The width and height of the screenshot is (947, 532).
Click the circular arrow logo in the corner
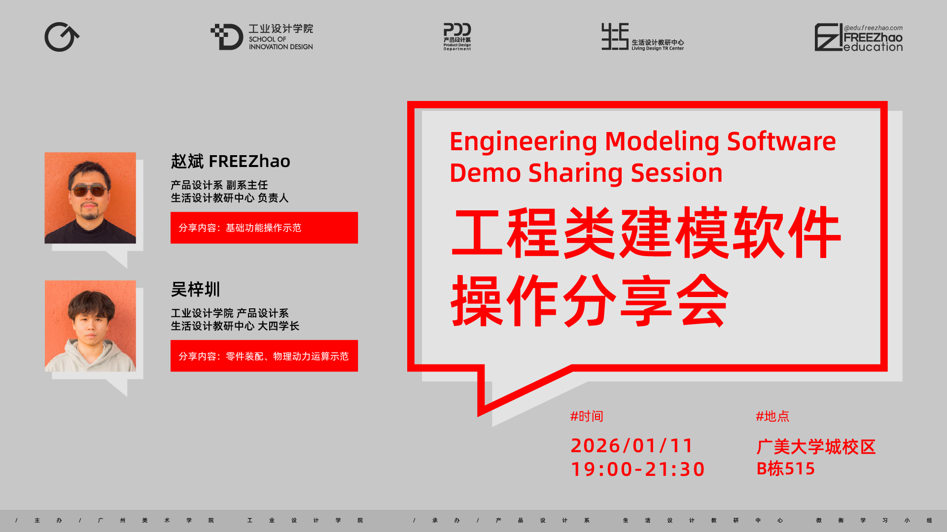[62, 37]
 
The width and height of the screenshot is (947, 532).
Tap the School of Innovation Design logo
[262, 37]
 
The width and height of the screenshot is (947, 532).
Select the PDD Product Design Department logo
[457, 36]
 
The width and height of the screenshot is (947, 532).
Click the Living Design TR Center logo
[642, 37]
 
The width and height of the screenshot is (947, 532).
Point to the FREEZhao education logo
[858, 37]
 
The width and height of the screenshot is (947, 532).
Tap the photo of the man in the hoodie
[90, 326]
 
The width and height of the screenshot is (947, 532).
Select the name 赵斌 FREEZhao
[230, 161]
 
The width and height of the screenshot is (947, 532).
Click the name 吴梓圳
[195, 290]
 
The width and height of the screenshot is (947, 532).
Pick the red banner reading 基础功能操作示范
[264, 228]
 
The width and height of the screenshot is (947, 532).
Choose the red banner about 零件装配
[264, 356]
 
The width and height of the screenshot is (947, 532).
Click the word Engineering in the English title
[523, 142]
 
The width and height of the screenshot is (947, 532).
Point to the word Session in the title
[676, 173]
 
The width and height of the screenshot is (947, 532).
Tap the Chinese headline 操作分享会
[590, 300]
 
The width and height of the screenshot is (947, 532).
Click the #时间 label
[587, 416]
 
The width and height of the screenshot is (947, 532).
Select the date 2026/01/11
[632, 446]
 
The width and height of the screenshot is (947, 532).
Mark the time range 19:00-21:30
[638, 469]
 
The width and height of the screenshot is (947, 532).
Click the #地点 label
[772, 416]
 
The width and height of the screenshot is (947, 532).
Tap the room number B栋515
[786, 468]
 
